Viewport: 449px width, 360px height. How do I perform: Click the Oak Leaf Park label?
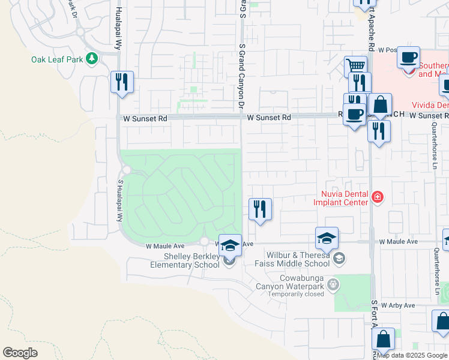click(x=57, y=59)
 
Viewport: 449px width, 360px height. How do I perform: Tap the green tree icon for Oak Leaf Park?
click(x=92, y=59)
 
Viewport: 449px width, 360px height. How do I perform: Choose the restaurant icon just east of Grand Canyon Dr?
click(x=260, y=209)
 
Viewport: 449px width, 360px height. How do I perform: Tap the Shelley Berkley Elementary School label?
click(x=183, y=261)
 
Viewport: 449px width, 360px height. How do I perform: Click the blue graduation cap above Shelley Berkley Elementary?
click(x=230, y=244)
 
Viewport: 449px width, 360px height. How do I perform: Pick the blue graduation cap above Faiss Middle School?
click(x=327, y=238)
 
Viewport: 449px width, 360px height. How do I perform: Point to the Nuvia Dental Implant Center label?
click(x=340, y=198)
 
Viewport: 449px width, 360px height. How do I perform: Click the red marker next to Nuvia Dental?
click(x=377, y=197)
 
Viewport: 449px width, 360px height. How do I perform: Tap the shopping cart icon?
click(x=355, y=65)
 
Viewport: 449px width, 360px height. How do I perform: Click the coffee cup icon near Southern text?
click(x=408, y=57)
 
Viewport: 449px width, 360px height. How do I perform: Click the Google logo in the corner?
click(x=20, y=353)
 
